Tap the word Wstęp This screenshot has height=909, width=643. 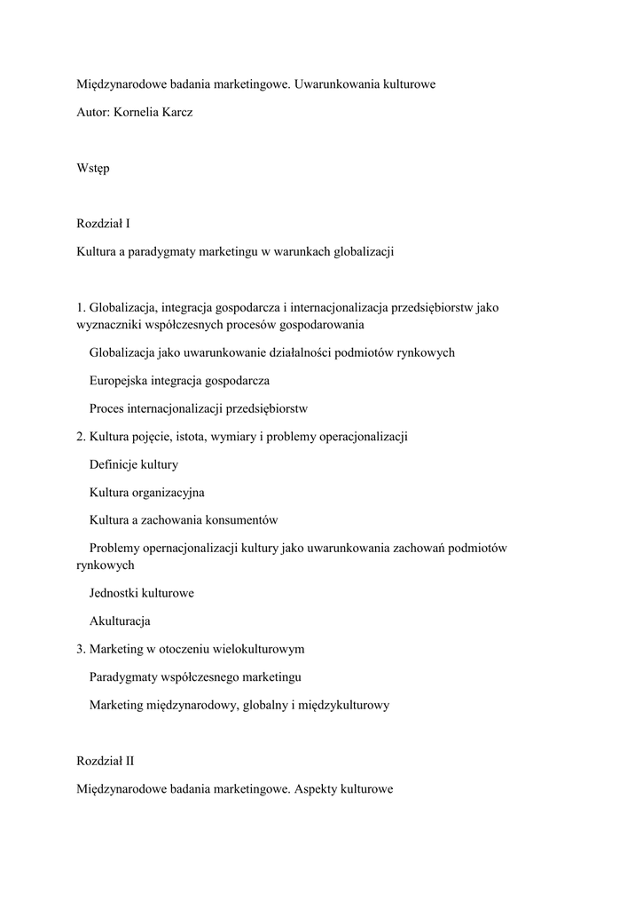coord(93,168)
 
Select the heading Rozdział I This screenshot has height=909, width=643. coord(104,224)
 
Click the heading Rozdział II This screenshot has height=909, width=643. coord(106,760)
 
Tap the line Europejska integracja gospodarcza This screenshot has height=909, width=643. coord(179,380)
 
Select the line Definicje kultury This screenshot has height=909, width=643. coord(134,464)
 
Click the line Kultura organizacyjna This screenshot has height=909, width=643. coord(146,492)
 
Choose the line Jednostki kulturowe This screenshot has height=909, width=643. coord(142,592)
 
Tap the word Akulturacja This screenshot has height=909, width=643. coord(120,620)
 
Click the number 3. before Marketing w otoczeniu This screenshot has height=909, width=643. coord(82,649)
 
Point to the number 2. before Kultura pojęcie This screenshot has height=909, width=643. coord(82,436)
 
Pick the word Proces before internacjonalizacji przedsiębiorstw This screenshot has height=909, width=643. coord(106,408)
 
